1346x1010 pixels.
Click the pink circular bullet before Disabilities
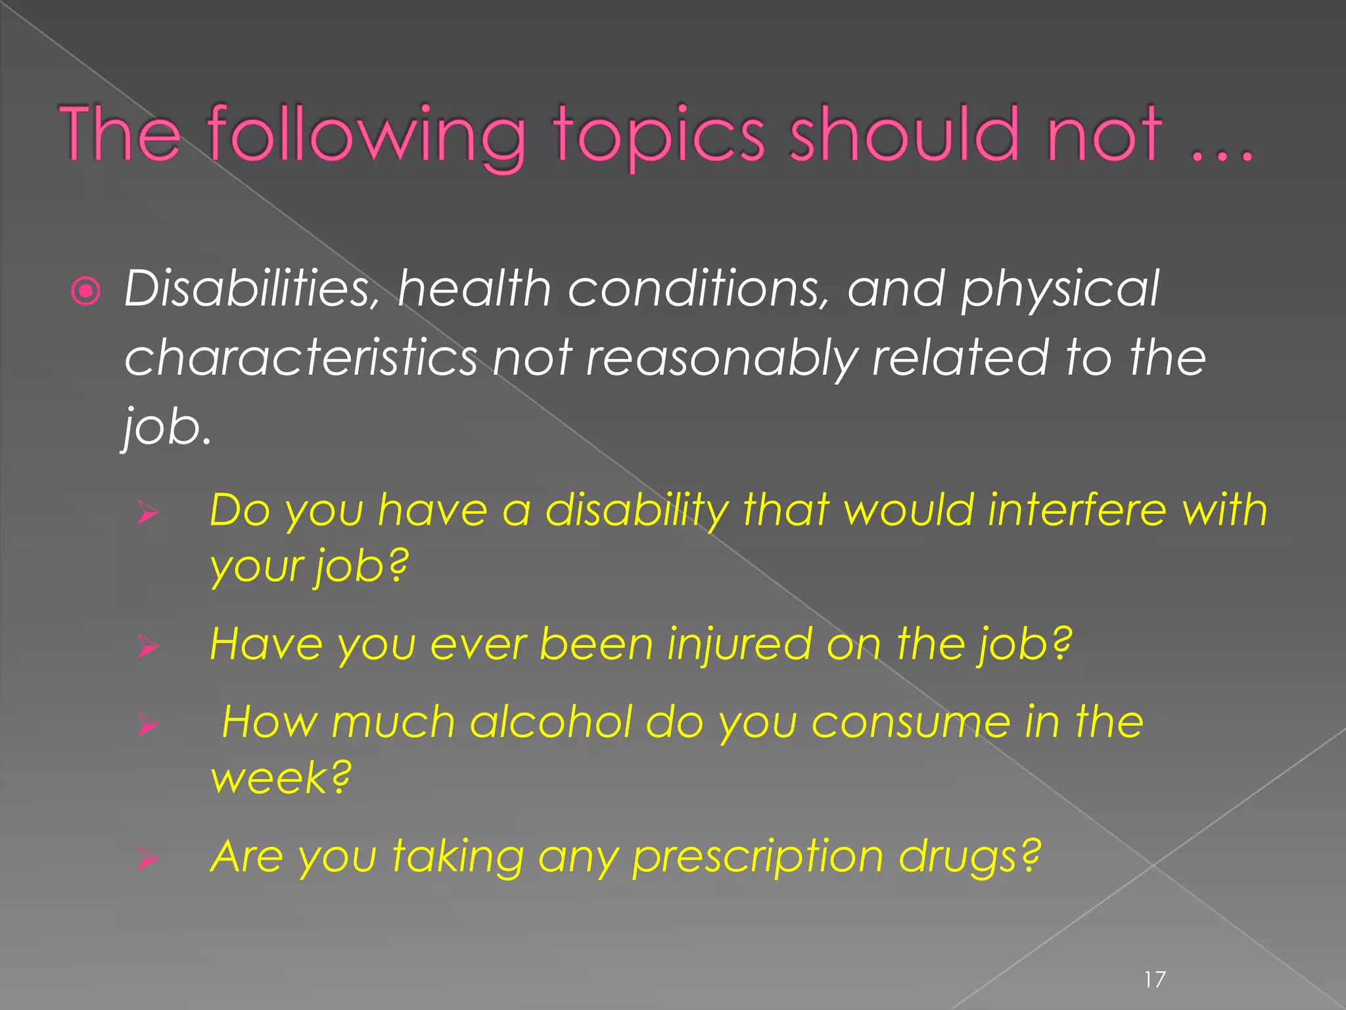point(85,291)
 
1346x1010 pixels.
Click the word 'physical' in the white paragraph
point(1059,289)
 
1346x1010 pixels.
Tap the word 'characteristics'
point(301,358)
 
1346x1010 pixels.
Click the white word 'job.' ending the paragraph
point(167,427)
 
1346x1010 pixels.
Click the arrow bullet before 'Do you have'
point(149,513)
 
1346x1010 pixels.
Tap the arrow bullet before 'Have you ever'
point(149,647)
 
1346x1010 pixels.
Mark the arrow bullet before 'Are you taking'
point(149,859)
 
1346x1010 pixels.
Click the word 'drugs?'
point(970,857)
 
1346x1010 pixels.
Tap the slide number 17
point(1155,980)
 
